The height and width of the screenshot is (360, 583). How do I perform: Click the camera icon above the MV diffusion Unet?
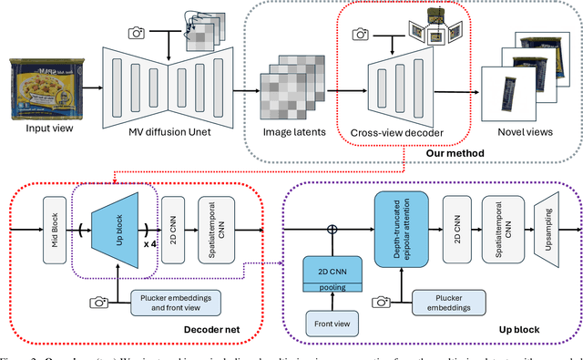coord(137,32)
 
